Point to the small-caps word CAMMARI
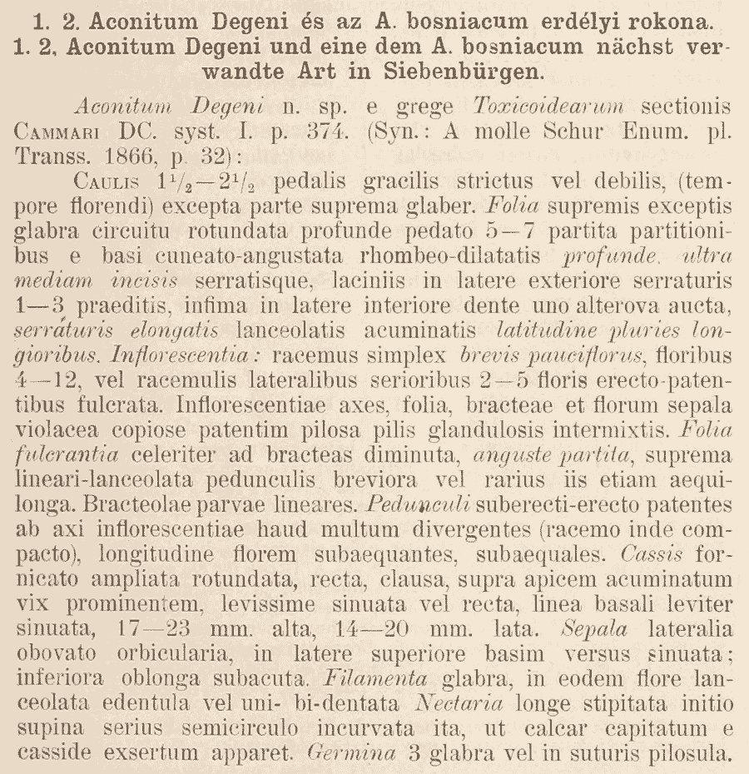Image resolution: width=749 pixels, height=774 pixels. pos(59,131)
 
